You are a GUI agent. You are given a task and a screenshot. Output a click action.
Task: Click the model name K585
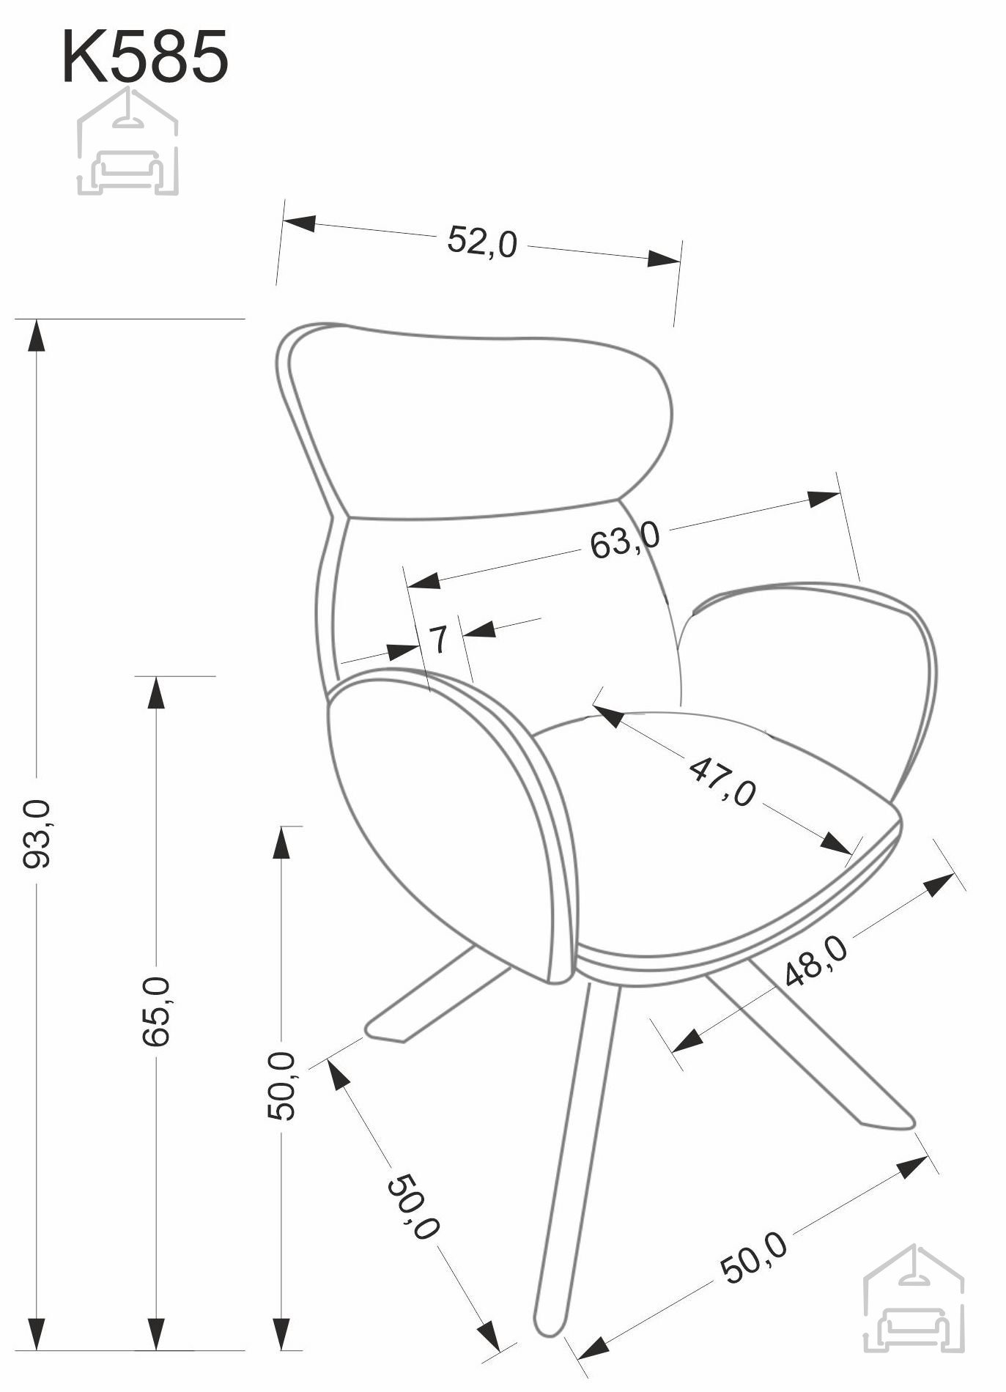click(x=145, y=56)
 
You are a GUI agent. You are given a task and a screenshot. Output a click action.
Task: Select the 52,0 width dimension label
click(x=482, y=241)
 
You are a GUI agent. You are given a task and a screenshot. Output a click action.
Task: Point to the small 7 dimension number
click(x=437, y=640)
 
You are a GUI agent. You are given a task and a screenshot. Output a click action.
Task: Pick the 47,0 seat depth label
click(x=722, y=782)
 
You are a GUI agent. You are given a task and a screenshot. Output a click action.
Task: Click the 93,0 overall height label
click(x=37, y=834)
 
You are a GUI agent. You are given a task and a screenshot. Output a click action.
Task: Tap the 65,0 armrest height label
click(x=157, y=1011)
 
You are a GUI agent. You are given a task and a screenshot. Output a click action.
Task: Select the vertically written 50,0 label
click(x=281, y=1086)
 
